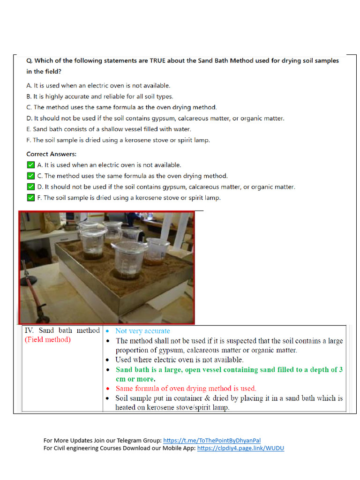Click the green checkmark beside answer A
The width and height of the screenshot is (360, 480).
point(31,165)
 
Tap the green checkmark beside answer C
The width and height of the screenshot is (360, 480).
point(31,176)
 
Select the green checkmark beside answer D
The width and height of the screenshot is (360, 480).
point(31,187)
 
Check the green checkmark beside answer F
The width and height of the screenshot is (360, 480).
point(31,198)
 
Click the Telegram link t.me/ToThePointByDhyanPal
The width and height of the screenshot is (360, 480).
point(212,440)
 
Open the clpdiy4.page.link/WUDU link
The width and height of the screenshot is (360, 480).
point(240,448)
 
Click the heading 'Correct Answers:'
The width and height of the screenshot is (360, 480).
point(51,154)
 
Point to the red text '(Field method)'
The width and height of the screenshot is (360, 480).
point(47,339)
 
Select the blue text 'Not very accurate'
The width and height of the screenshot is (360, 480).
point(142,331)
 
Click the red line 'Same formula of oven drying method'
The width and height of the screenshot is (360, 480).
point(186,388)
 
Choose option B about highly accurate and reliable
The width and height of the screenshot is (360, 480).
point(100,97)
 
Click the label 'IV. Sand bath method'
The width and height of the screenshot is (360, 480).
point(62,330)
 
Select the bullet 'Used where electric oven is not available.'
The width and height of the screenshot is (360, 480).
point(180,360)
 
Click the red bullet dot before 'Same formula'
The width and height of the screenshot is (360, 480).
point(108,389)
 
